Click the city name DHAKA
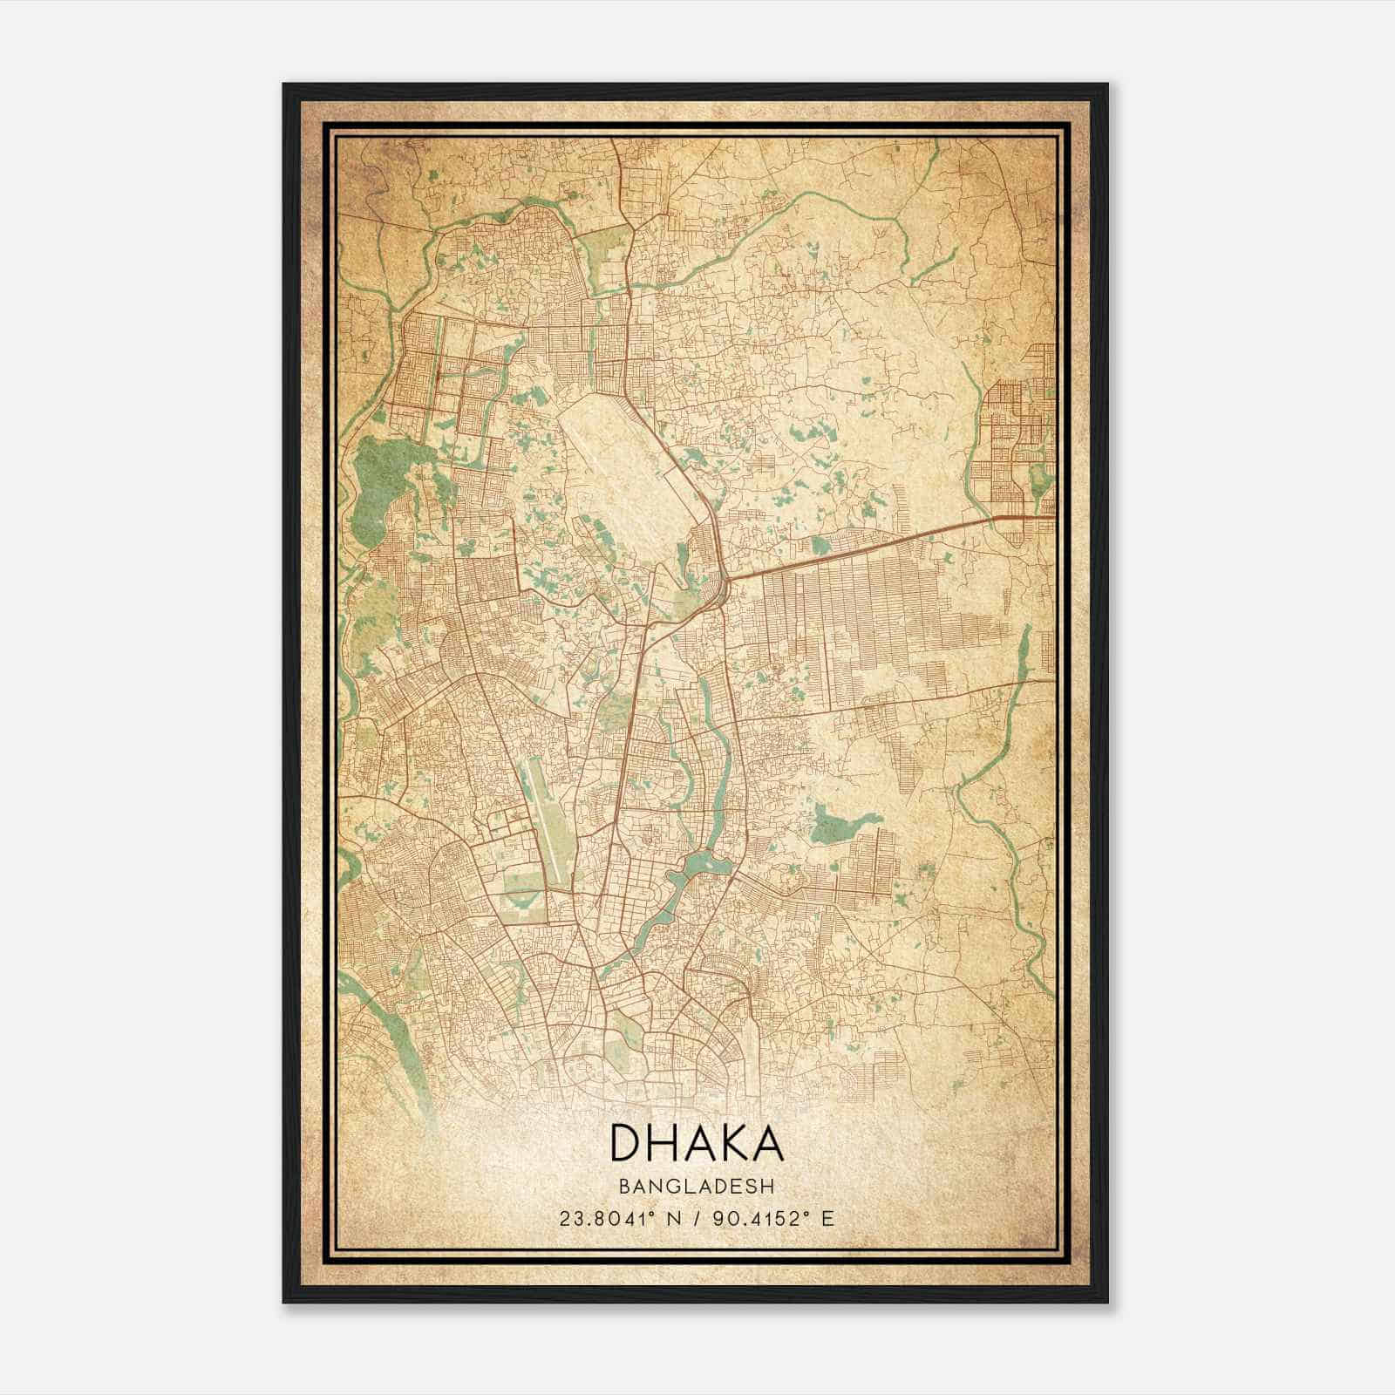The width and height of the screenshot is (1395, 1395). [x=696, y=1142]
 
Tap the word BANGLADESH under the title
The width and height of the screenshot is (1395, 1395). [x=696, y=1187]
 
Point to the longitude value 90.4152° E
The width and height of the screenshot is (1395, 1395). [x=774, y=1218]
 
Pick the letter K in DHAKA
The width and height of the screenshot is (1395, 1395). [x=725, y=1142]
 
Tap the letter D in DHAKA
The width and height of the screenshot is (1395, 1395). [x=625, y=1142]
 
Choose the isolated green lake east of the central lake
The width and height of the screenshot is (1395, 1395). [x=841, y=823]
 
